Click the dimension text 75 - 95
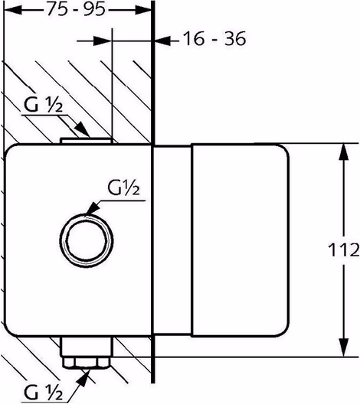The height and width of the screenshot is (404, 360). pos(77,9)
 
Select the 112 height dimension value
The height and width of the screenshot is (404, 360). pos(343,249)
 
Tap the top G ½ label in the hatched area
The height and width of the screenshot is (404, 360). pos(43,105)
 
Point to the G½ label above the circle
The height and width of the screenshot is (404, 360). pos(124,187)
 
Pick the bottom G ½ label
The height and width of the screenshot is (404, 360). pos(43,393)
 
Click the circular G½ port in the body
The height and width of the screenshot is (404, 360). pos(87,241)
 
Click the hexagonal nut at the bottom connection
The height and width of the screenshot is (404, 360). pos(87,363)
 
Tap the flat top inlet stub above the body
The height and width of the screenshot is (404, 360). pos(87,141)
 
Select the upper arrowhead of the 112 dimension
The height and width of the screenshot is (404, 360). pos(343,152)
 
